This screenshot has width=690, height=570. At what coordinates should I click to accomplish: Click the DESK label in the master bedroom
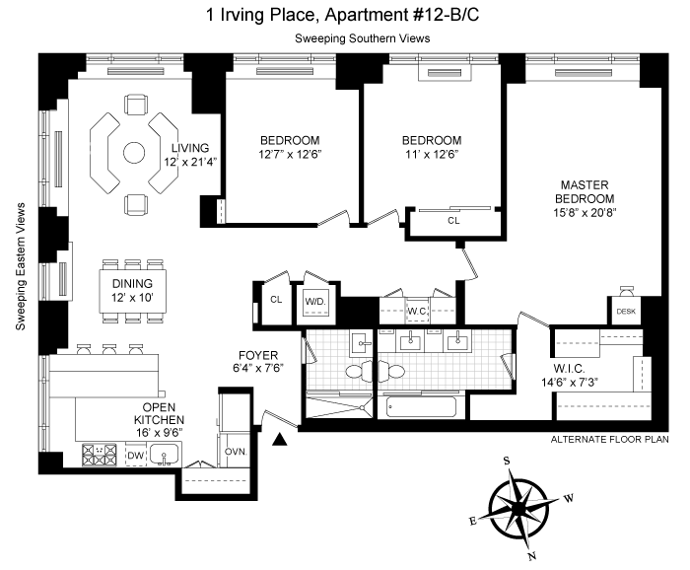[626, 312]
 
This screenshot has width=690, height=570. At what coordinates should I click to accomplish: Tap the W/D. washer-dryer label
[315, 302]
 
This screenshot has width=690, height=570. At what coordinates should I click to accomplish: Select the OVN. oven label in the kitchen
[236, 452]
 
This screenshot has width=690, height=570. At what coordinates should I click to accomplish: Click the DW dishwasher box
[136, 456]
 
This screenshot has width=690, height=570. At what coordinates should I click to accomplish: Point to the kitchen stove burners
[100, 456]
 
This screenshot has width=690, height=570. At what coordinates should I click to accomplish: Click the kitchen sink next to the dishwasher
[165, 455]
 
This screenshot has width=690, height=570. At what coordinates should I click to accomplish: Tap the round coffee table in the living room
[134, 153]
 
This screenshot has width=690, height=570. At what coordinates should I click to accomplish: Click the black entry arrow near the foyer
[279, 439]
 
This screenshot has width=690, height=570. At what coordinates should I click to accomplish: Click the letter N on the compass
[532, 556]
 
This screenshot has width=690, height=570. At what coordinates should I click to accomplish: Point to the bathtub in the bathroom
[421, 406]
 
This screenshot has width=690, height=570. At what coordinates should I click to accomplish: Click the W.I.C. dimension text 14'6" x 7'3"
[569, 382]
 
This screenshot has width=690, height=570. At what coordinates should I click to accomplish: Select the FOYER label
[258, 355]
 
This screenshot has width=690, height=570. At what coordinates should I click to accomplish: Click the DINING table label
[132, 283]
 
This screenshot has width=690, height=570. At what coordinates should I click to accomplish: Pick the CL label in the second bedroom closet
[453, 221]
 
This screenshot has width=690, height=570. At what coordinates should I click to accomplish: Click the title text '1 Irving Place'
[262, 15]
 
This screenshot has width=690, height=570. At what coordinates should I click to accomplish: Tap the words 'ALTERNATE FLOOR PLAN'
[609, 439]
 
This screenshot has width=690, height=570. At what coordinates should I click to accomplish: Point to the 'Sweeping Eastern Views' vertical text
[21, 266]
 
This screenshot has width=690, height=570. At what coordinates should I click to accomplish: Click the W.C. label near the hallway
[417, 312]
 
